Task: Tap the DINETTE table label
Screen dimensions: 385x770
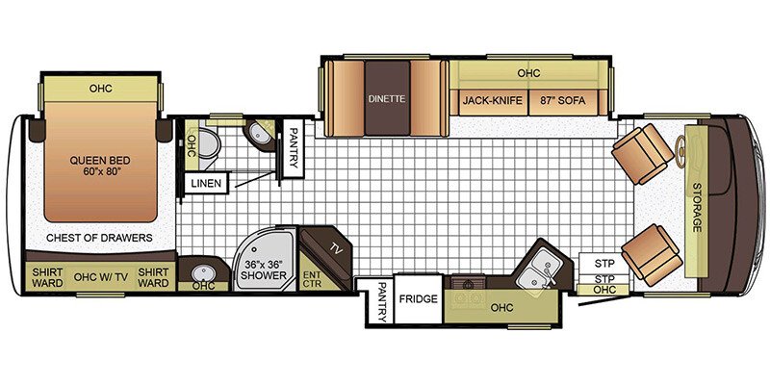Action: pos(387,98)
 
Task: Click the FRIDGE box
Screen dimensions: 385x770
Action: pos(419,299)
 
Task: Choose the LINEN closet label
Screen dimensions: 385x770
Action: pos(205,183)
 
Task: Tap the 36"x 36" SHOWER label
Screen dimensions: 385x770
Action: pos(262,269)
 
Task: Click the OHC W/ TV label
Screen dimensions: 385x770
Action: pos(101,277)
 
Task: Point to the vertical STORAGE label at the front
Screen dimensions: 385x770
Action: pos(695,207)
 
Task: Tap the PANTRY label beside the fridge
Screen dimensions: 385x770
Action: pos(382,304)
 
